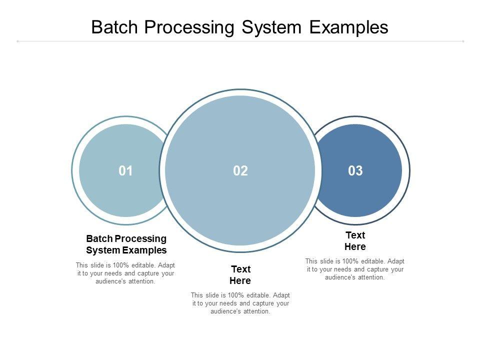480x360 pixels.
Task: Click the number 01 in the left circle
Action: pos(125,171)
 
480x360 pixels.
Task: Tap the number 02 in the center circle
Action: pos(240,171)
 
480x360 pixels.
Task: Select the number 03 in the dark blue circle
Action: pos(355,171)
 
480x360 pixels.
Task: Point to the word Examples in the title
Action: pos(348,27)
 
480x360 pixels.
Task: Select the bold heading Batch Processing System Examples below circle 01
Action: pos(126,244)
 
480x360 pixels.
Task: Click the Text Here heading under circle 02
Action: pos(240,275)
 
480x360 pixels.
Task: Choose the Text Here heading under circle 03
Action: pos(355,241)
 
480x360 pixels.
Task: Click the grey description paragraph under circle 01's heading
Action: pos(125,273)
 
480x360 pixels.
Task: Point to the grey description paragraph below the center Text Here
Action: pos(240,303)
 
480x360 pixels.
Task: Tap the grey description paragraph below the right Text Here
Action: pos(355,269)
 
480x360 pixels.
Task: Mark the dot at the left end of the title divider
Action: pos(18,41)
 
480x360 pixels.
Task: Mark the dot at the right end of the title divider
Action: pos(463,41)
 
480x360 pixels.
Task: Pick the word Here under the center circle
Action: pos(240,280)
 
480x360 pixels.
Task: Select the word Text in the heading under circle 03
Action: pos(355,235)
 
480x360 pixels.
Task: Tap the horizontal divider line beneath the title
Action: pos(240,41)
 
